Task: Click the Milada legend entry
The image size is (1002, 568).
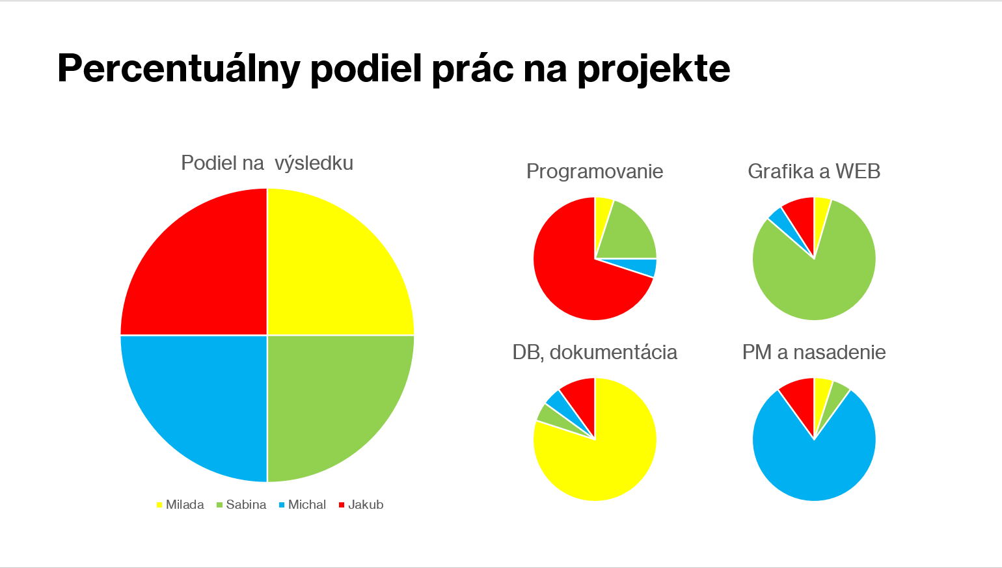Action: click(x=180, y=504)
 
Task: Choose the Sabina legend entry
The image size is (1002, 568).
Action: click(x=241, y=504)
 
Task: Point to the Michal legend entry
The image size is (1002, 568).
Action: click(x=303, y=504)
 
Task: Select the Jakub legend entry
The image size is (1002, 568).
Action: click(x=361, y=504)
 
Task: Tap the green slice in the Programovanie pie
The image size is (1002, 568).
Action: click(x=629, y=235)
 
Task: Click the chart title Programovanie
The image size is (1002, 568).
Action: click(x=595, y=171)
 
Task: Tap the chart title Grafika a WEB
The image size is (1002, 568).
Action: click(x=814, y=171)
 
